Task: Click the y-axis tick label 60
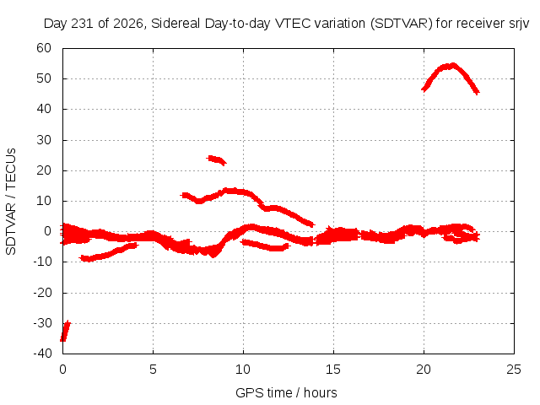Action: pyautogui.click(x=44, y=48)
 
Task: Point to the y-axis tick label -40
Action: pyautogui.click(x=42, y=354)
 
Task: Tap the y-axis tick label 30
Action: pyautogui.click(x=44, y=140)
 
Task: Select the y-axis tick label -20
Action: pyautogui.click(x=42, y=293)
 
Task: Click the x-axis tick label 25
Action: pyautogui.click(x=514, y=370)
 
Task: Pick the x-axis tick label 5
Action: pyautogui.click(x=153, y=370)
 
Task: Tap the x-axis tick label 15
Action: pyautogui.click(x=333, y=370)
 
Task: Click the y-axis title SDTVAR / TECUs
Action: pyautogui.click(x=11, y=202)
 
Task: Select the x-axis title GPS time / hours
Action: pyautogui.click(x=286, y=392)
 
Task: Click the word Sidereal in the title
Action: pyautogui.click(x=175, y=24)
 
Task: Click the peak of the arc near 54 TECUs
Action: pyautogui.click(x=452, y=65)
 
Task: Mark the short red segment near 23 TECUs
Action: pyautogui.click(x=217, y=159)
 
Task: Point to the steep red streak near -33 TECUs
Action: pyautogui.click(x=65, y=331)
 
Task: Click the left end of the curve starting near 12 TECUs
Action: pyautogui.click(x=181, y=195)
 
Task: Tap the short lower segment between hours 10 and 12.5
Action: pyautogui.click(x=265, y=246)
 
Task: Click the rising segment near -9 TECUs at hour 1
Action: pyautogui.click(x=109, y=253)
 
